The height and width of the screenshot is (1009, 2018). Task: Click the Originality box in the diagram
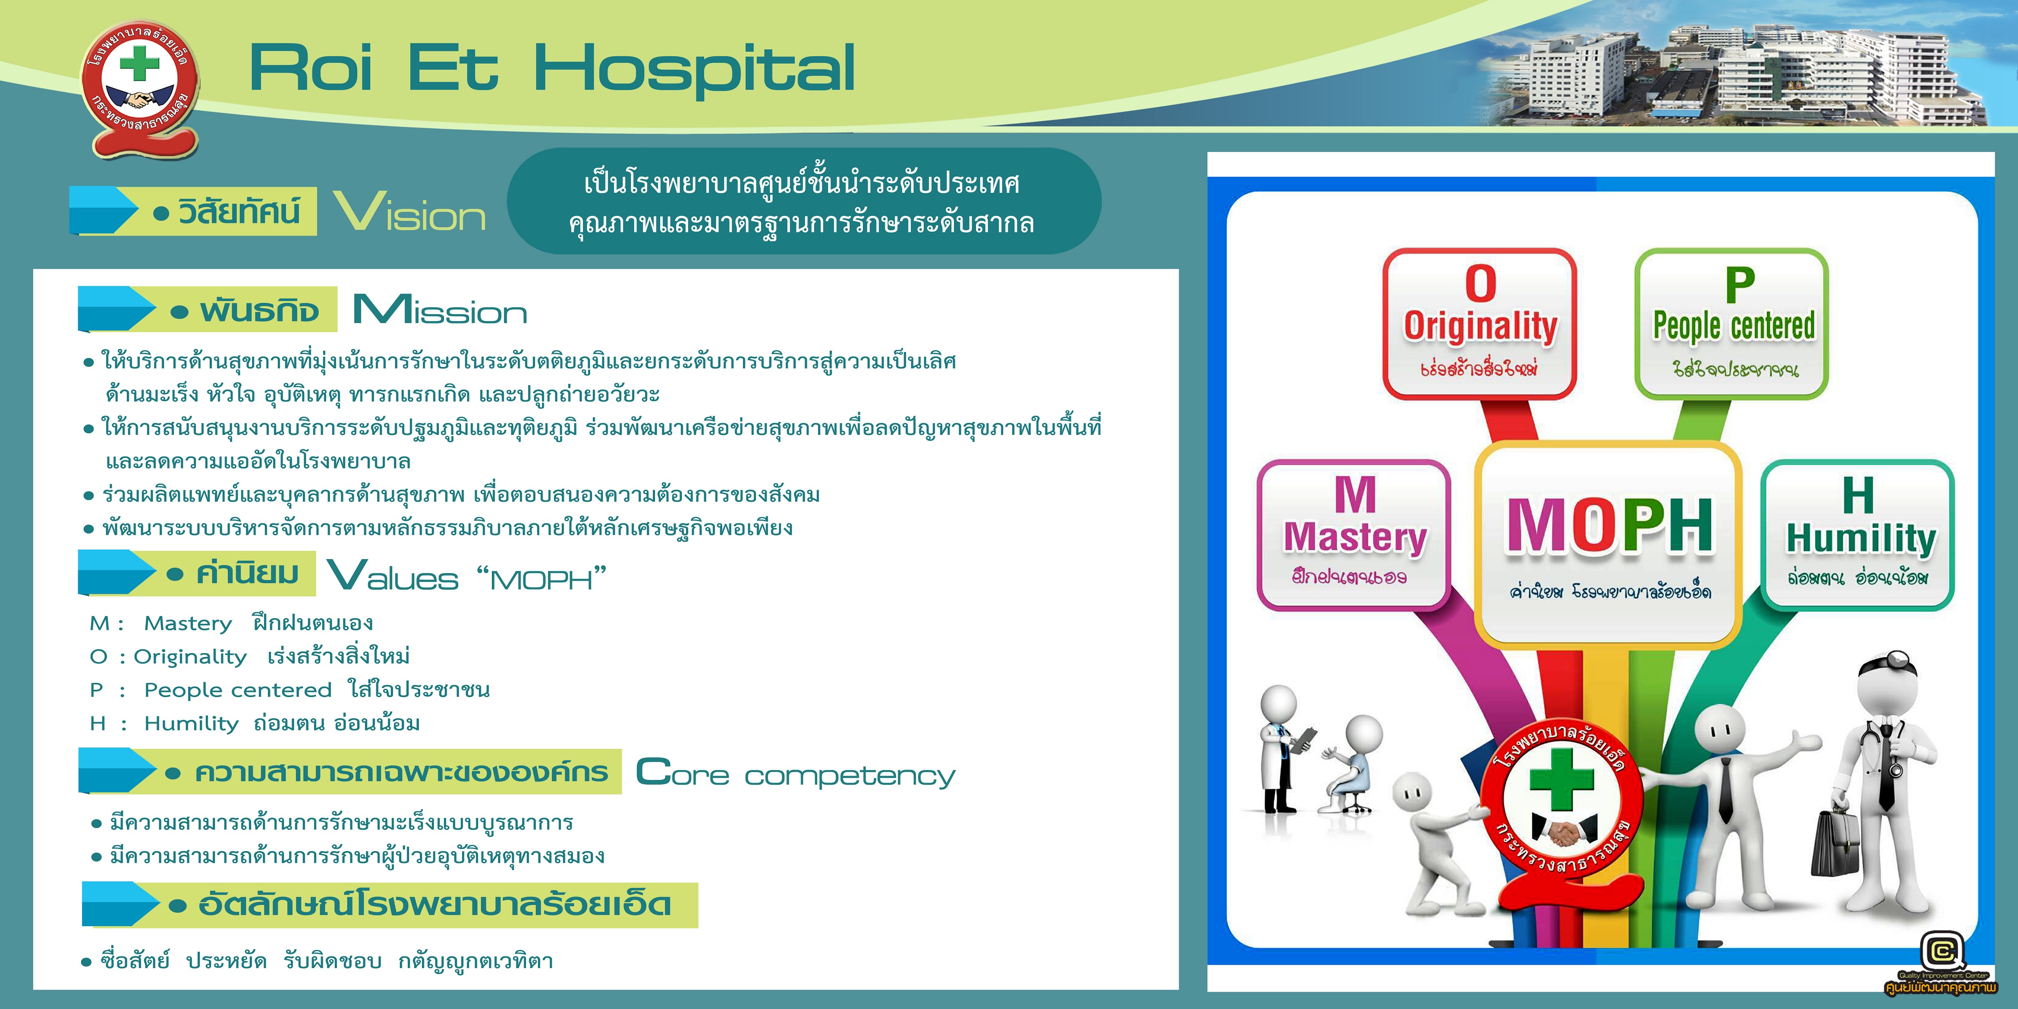click(1479, 324)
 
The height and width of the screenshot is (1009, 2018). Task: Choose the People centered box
click(1731, 324)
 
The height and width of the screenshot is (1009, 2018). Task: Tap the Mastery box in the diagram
click(1354, 535)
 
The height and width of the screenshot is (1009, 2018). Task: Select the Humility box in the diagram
click(1857, 535)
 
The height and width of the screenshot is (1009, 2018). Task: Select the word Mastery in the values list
click(188, 624)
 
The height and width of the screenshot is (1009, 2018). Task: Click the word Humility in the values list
click(191, 723)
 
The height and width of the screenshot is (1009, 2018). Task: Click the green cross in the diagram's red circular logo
click(1562, 780)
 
